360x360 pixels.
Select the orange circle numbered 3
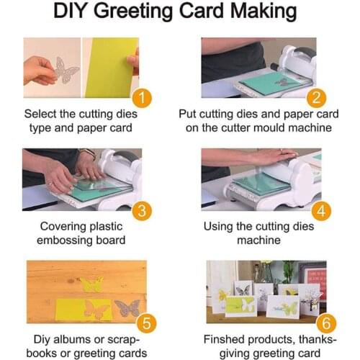(143, 211)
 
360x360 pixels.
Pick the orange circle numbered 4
(315, 211)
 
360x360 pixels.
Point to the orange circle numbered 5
(143, 323)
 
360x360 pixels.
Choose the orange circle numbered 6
(315, 323)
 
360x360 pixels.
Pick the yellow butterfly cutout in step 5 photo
(92, 284)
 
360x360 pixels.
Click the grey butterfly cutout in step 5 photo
(127, 307)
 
